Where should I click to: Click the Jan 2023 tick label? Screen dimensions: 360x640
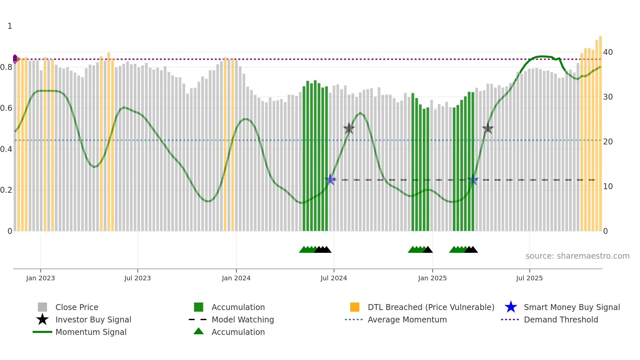[40, 278]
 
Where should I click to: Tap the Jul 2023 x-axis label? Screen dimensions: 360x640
[137, 278]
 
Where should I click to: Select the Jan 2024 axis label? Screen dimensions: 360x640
[236, 278]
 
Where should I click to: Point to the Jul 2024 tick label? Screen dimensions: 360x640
[334, 278]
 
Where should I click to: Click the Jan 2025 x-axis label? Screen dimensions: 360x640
[432, 278]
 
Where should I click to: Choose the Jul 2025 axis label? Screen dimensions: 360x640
[529, 278]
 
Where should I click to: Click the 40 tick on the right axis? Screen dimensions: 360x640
[608, 52]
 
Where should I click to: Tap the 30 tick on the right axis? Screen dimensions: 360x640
[608, 97]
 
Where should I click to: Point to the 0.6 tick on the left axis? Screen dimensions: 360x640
[6, 108]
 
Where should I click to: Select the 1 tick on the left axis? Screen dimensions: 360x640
[10, 26]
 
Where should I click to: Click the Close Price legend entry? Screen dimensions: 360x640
[77, 307]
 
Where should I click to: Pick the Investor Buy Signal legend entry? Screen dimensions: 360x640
[93, 320]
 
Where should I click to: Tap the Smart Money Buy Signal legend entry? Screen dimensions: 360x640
[572, 307]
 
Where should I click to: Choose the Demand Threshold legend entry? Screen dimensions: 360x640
[561, 320]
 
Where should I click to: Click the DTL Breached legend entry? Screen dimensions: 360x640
[431, 307]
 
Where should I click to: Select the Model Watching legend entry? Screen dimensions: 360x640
[243, 320]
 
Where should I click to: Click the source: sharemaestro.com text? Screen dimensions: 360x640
[577, 256]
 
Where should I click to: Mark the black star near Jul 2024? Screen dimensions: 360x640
[349, 128]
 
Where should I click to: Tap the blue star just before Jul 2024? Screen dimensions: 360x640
[330, 179]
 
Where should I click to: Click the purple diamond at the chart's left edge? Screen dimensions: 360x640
[15, 59]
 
